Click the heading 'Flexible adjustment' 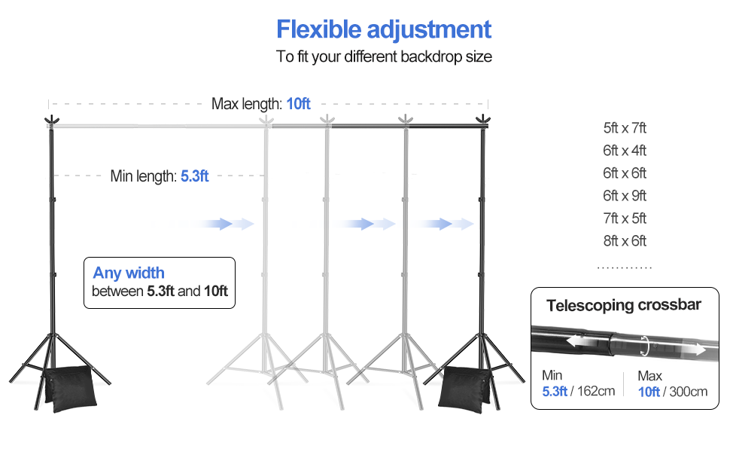click(384, 29)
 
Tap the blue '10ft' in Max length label click(298, 103)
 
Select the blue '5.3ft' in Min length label click(194, 176)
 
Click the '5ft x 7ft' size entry click(625, 128)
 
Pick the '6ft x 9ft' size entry click(625, 196)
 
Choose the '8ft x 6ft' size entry click(625, 241)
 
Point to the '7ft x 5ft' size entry click(625, 218)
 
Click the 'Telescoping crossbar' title click(624, 305)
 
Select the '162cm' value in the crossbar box click(596, 391)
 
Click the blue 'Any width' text click(129, 273)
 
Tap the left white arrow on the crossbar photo click(579, 341)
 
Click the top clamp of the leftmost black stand click(51, 121)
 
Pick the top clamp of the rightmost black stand click(482, 119)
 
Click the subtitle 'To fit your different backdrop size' click(384, 56)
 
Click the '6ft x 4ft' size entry click(625, 151)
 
